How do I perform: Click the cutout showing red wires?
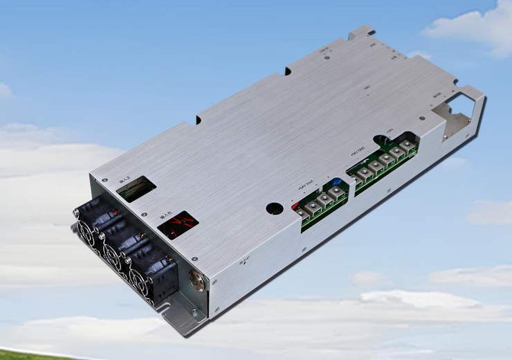[178, 224]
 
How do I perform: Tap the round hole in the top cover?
[275, 207]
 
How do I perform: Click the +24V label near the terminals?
[390, 129]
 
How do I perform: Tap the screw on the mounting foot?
[194, 312]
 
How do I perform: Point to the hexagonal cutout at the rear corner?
[452, 111]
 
